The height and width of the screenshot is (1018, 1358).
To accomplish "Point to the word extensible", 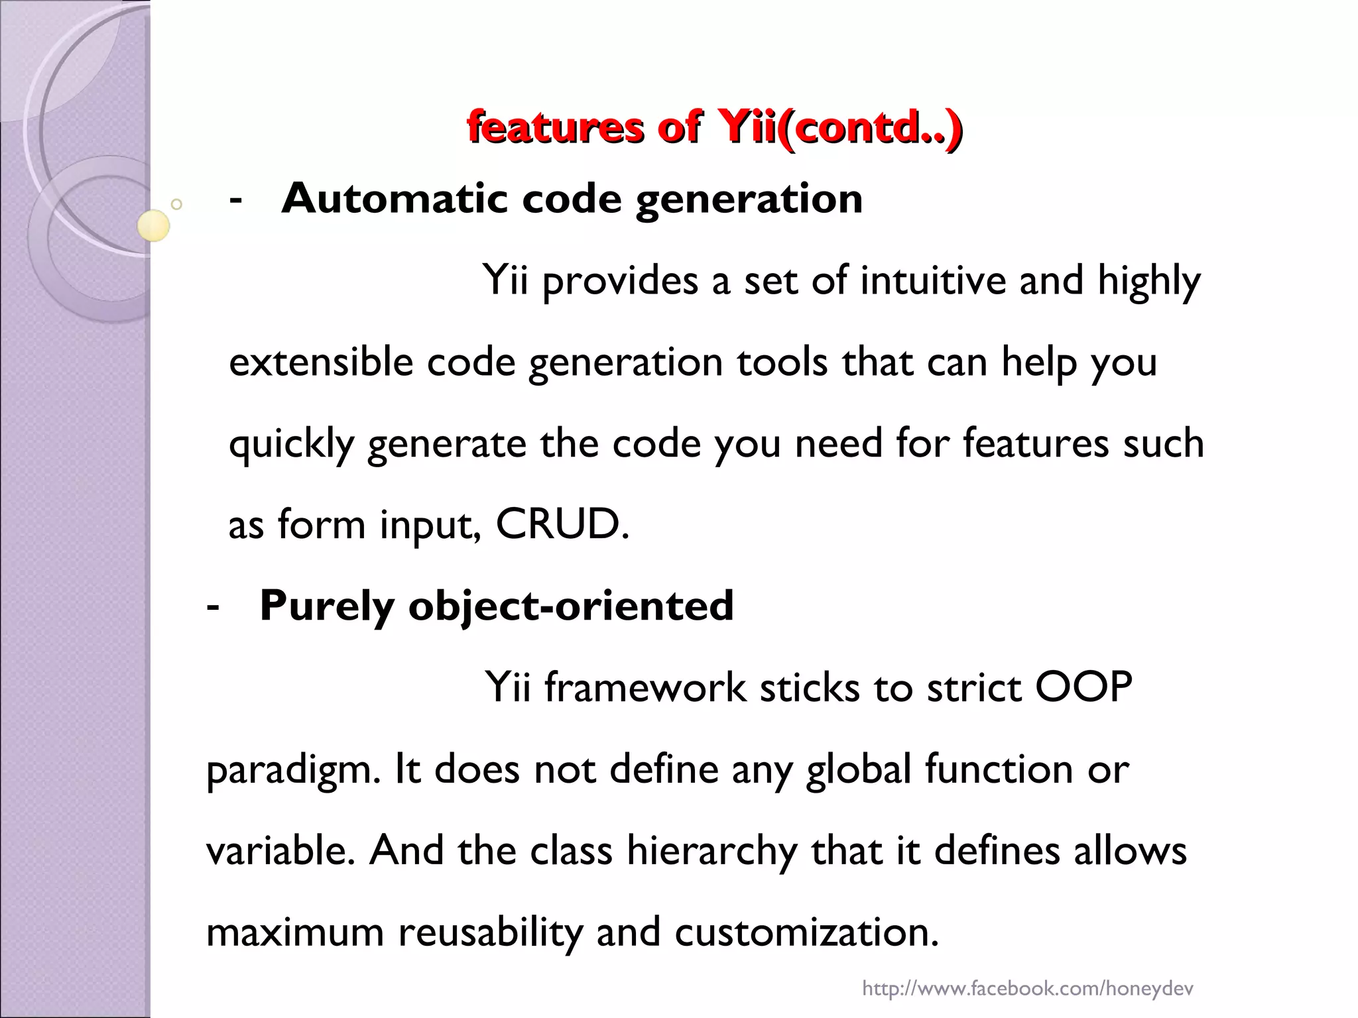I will click(320, 362).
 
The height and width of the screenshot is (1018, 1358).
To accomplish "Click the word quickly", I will click(291, 444).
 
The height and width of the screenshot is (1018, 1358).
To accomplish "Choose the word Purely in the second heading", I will click(326, 606).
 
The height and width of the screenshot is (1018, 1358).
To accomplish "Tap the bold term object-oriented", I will click(571, 606).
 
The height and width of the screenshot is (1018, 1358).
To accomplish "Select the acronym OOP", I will click(1083, 687).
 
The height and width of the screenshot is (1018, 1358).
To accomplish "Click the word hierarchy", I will click(711, 851).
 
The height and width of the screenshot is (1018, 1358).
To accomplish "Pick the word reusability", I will click(490, 932).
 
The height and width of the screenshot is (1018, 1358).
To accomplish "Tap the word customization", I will click(806, 932).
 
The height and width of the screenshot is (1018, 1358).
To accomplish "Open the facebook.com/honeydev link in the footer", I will click(1027, 989).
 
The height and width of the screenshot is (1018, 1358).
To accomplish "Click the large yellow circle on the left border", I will click(154, 225).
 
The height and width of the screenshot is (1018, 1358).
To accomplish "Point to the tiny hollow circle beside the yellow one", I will click(176, 205).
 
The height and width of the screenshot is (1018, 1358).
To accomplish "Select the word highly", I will click(1148, 281).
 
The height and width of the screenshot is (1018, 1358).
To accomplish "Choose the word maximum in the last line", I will click(295, 932).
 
